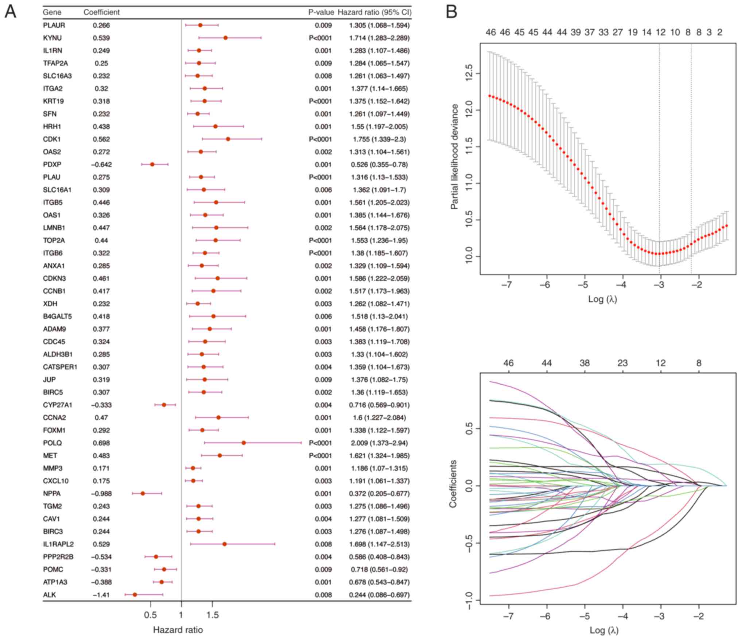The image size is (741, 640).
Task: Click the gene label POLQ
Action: point(53,443)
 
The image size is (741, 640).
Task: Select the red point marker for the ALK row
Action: point(135,595)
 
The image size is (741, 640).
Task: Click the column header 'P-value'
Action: point(321,12)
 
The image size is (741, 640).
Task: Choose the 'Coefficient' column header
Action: point(101,12)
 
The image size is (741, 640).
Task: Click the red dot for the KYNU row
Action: point(225,38)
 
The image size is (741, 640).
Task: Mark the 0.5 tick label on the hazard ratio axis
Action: point(150,616)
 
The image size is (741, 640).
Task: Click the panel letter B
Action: point(451,12)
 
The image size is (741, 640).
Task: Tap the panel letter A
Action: point(10,12)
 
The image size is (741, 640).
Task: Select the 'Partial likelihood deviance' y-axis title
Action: point(454,157)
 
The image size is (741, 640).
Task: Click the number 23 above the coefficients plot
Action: point(622,363)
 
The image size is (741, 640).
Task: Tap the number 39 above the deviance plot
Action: point(575,32)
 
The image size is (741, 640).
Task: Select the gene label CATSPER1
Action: point(60,367)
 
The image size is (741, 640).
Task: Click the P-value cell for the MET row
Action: point(320,456)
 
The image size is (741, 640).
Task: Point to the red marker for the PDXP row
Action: point(152,165)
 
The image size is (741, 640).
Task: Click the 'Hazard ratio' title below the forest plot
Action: point(178,630)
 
